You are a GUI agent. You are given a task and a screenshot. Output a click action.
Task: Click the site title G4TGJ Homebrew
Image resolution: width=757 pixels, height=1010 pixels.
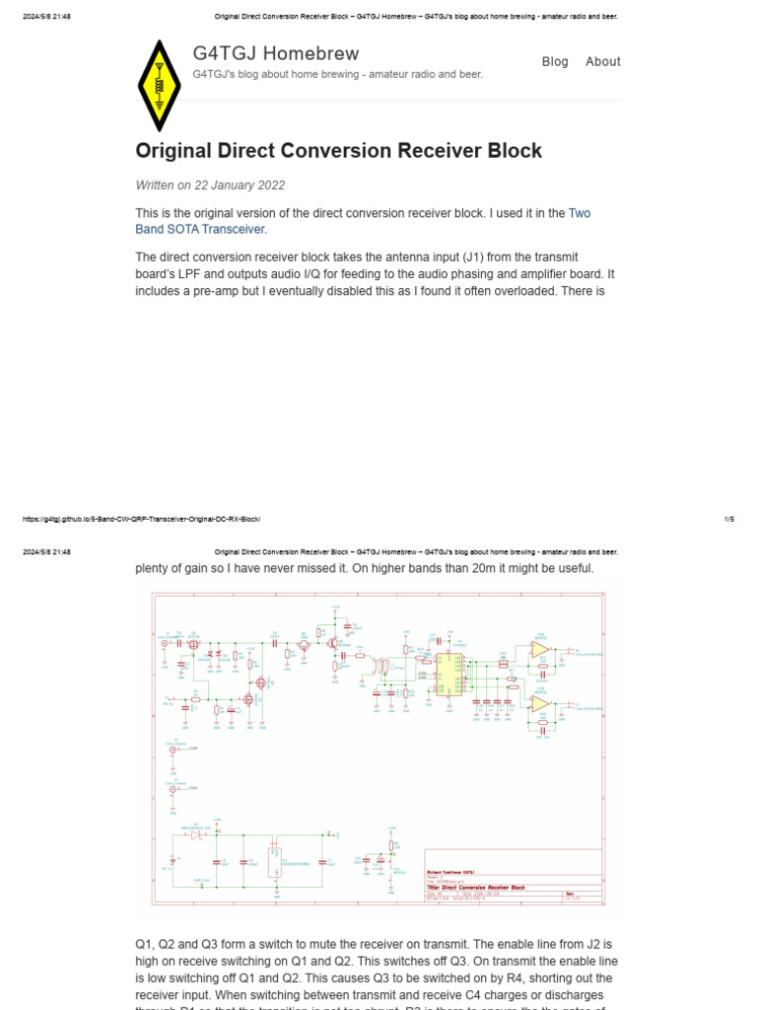pos(276,53)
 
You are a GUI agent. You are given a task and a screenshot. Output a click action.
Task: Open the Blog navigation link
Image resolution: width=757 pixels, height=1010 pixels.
pos(555,61)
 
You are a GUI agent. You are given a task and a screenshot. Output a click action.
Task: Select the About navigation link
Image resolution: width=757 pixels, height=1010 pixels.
pos(602,61)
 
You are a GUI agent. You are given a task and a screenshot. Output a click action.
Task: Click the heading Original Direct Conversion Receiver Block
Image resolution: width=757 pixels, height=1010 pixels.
pos(338,151)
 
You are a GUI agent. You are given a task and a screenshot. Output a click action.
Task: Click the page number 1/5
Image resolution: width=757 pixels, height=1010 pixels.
pos(728,519)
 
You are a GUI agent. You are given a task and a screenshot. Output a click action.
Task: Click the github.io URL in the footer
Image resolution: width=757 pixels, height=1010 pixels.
pos(141,519)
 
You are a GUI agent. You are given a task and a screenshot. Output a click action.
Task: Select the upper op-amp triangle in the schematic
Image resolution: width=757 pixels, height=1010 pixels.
pos(539,649)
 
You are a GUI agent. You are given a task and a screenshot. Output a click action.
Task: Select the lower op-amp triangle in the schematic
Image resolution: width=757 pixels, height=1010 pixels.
pos(539,703)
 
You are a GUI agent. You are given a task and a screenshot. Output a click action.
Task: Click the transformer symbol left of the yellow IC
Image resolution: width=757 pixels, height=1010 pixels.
pos(378,670)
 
